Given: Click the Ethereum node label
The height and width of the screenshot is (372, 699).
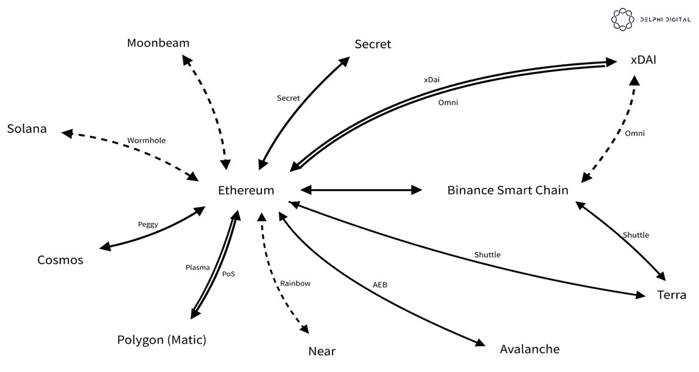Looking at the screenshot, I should coord(246,190).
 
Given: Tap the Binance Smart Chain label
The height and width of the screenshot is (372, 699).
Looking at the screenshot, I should coord(507,190).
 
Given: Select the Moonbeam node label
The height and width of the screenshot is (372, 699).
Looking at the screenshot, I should coord(158,43).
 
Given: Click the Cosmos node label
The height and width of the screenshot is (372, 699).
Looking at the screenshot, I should coord(60,260).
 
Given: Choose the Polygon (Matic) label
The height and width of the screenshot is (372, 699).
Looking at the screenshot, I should coord(161,340).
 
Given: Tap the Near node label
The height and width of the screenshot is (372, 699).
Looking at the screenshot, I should coord(322,351).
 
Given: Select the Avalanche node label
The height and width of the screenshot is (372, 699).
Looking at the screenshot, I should coord(529,349).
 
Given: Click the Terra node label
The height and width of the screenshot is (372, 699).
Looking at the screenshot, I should coord(672,295).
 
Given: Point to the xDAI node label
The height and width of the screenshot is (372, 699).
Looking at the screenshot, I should coord(644,60).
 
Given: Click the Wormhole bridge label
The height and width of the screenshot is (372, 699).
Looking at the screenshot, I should coord(146,141).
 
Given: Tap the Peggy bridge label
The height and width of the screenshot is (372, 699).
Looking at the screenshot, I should coord(148,224).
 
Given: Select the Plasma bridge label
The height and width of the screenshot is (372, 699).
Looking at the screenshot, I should coord(198,268).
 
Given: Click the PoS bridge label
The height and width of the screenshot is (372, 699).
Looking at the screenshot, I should coord(228,274).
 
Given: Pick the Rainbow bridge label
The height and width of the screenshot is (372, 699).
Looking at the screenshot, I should coord(295,284).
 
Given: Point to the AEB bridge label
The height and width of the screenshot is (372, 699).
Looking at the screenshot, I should coord(380,285).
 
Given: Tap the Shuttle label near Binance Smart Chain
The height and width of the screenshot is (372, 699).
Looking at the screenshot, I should coord(636,235).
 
